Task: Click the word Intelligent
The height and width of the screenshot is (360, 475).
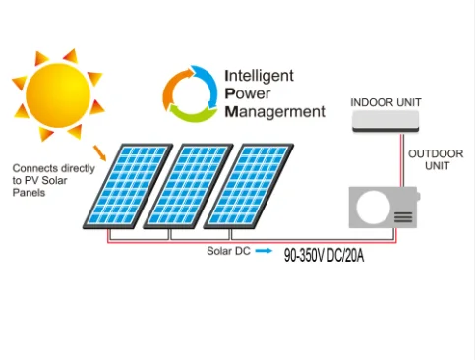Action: [x=259, y=75]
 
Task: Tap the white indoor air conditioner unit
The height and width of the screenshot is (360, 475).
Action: [x=392, y=121]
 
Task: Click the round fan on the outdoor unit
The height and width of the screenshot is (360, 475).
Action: [x=372, y=210]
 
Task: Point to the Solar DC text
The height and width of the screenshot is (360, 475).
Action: [x=227, y=253]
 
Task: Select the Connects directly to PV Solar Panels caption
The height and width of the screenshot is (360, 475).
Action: [x=53, y=180]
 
